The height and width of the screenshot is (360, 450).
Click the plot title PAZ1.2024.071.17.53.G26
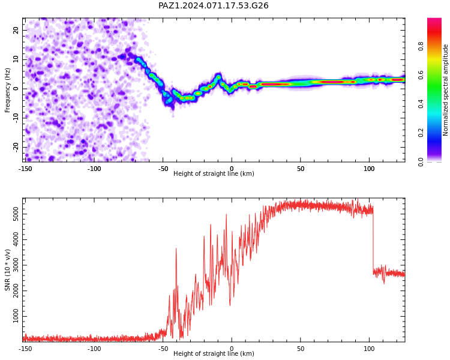pos(213,5)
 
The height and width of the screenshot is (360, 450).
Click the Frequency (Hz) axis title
pos(7,90)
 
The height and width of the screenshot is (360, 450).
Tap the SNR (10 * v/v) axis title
pos(7,270)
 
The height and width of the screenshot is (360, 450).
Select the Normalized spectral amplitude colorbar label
pos(445,90)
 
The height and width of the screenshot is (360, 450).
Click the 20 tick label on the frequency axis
pos(16,30)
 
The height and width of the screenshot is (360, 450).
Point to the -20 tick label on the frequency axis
pos(16,147)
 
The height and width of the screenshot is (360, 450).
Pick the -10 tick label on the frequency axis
pos(16,118)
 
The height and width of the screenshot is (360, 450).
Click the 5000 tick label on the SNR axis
pos(16,214)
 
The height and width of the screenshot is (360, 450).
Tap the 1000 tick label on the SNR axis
pos(16,316)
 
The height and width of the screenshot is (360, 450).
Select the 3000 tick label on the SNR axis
pos(16,265)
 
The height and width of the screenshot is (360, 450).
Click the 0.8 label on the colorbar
pos(421,46)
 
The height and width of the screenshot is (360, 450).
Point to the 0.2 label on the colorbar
pos(421,133)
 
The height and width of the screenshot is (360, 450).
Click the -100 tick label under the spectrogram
pos(94,169)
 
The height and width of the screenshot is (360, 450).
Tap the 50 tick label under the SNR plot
pos(301,349)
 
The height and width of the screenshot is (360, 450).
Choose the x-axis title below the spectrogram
pos(214,173)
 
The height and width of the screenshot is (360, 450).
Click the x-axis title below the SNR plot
pos(214,353)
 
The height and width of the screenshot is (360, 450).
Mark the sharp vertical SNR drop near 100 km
pos(373,241)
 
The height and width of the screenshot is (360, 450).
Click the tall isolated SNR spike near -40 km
pos(176,248)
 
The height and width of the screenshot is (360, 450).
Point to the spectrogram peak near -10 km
pos(218,77)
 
